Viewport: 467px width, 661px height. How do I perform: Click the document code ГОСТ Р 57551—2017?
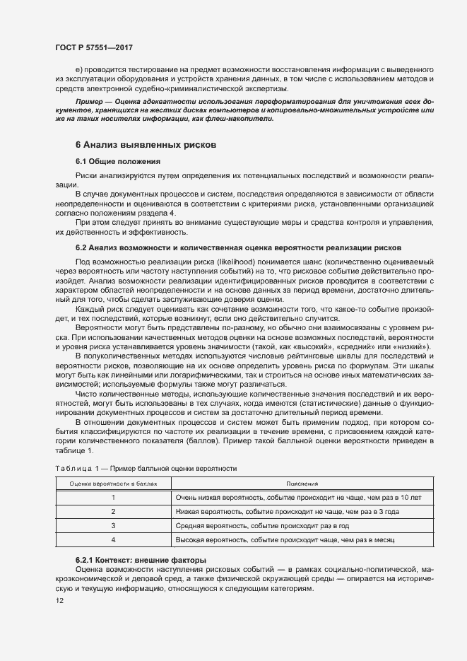[x=93, y=47]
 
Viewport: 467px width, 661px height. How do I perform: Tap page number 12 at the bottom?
[x=59, y=600]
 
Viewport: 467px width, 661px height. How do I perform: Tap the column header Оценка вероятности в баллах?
[x=113, y=484]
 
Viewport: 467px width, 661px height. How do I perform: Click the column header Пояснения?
[x=302, y=484]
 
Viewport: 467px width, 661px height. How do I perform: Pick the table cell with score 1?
[x=113, y=497]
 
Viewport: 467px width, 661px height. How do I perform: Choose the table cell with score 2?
[x=113, y=511]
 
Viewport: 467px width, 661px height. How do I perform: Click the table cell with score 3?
[x=113, y=526]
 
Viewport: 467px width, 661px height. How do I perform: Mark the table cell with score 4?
[x=113, y=540]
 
